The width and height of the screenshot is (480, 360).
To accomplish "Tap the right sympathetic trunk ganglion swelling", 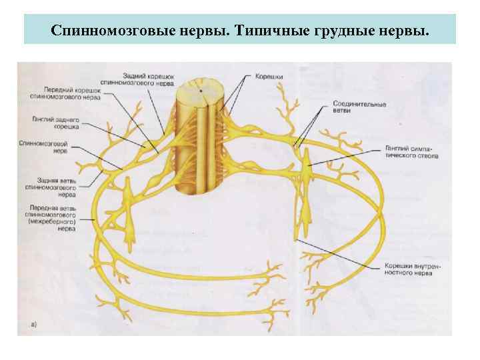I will (x=306, y=162).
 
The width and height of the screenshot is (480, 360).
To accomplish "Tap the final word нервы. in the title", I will (x=408, y=31).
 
